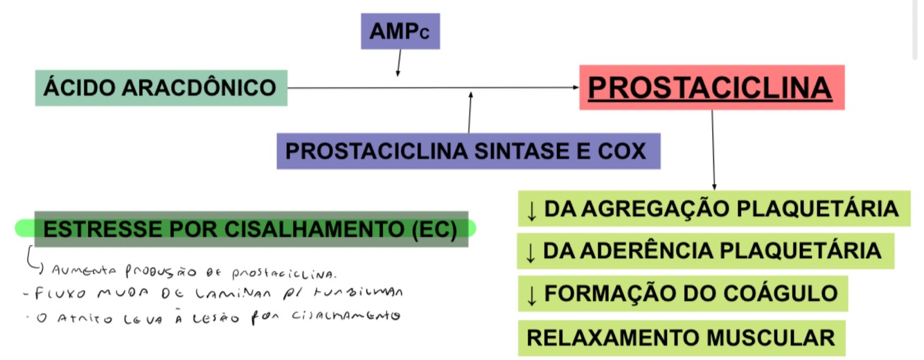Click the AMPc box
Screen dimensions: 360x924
[x=400, y=32]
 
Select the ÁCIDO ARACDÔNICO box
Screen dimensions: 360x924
[x=161, y=88]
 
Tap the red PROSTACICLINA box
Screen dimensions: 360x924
[x=712, y=88]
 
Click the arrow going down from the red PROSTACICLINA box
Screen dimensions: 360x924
[x=713, y=149]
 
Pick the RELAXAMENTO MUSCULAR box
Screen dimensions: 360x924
[x=681, y=338]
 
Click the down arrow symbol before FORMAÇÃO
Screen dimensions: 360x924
[x=532, y=294]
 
